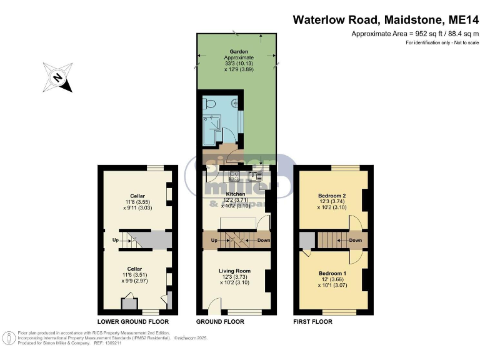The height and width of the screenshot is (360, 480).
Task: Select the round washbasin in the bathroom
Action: [236, 104]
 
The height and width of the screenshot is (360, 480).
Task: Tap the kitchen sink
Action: [254, 176]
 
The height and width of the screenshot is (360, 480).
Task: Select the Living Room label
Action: [235, 271]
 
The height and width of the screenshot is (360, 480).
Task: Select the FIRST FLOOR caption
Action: [313, 322]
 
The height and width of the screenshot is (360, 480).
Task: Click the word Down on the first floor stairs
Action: [355, 240]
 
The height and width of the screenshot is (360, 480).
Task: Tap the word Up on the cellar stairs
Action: [116, 240]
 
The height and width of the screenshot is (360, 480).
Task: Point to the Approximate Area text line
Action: [415, 34]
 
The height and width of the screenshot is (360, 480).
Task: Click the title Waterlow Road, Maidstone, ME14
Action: [386, 19]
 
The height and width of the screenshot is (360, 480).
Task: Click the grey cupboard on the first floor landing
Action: [306, 240]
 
